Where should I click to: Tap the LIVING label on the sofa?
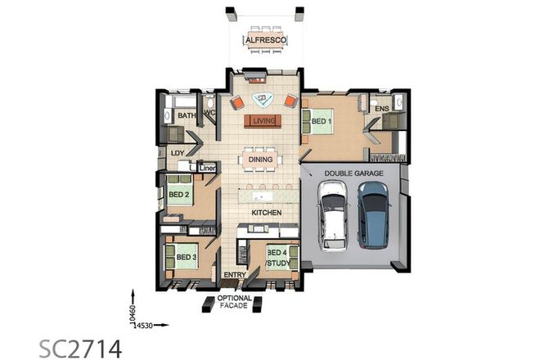click(x=263, y=122)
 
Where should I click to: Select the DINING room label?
click(x=260, y=160)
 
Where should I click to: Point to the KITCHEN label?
click(x=266, y=213)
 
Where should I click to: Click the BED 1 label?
click(x=322, y=122)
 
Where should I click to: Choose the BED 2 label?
click(x=179, y=195)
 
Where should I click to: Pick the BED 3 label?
click(x=187, y=257)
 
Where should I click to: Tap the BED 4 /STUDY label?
click(x=277, y=258)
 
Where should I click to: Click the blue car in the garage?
click(x=372, y=214)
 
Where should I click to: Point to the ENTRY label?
click(x=235, y=275)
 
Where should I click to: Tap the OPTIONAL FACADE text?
click(x=233, y=302)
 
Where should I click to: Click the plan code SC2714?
click(x=80, y=347)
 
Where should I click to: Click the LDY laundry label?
click(x=177, y=152)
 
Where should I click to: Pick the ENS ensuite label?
click(x=380, y=109)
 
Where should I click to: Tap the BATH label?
click(x=187, y=117)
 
